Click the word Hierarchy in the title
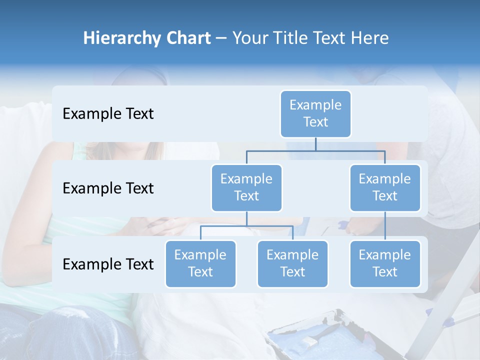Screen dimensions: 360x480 pos(121,38)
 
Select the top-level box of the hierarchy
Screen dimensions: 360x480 pos(315,114)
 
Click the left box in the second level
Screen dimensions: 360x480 pos(246,188)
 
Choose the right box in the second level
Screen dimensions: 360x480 pos(385,188)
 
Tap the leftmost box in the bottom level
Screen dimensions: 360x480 pos(200,264)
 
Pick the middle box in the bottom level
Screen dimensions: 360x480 pos(292,264)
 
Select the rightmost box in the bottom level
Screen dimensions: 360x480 pos(385,264)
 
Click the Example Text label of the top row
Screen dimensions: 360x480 pos(108,114)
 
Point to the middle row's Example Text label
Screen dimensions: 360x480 pos(108,188)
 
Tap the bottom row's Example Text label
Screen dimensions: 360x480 pos(108,264)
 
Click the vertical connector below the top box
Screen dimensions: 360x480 pos(315,144)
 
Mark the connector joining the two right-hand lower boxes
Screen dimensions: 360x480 pos(385,226)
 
